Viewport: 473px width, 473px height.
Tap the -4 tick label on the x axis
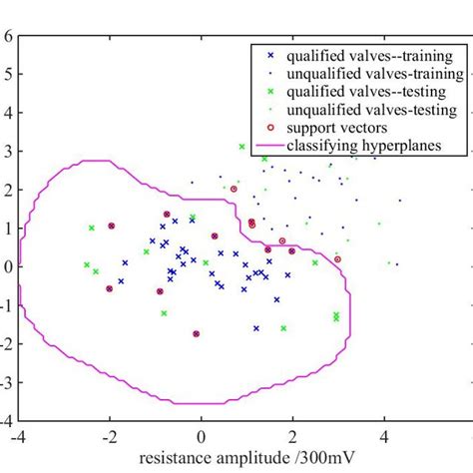tap(17, 436)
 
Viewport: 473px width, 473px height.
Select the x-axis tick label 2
tap(292, 436)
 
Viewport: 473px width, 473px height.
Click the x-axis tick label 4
tap(384, 436)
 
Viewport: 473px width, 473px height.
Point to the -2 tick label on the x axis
tap(108, 436)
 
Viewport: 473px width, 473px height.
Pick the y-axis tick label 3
tap(8, 151)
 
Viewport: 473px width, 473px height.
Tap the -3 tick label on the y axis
tap(6, 382)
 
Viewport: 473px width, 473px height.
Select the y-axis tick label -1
tap(6, 305)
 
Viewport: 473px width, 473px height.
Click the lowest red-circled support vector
tap(197, 333)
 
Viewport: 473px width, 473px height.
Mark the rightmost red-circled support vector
tap(337, 259)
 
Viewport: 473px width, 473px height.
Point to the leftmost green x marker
tap(87, 264)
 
